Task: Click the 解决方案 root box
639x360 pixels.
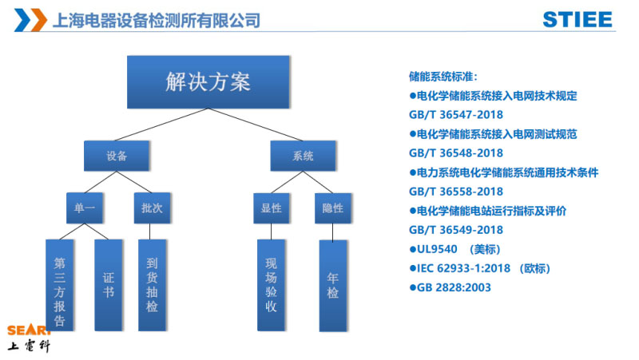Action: pos(208,82)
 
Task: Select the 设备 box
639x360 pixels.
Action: pos(117,156)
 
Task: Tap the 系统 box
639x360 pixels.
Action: pos(303,156)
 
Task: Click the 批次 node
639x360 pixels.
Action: pos(153,208)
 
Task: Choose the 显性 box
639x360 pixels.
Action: pos(272,208)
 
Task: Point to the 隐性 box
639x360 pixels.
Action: pos(333,208)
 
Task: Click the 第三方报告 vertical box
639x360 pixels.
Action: pos(60,285)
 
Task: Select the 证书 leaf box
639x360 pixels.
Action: pos(109,285)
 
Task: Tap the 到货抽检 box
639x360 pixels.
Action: pos(153,285)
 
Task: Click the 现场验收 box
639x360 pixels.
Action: pos(272,285)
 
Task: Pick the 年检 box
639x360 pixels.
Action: pos(333,285)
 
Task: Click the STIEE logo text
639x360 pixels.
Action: pos(577,19)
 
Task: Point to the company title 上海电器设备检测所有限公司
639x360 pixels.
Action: pos(155,19)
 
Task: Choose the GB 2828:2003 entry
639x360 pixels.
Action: pos(450,287)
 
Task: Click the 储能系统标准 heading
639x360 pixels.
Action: pos(443,77)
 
